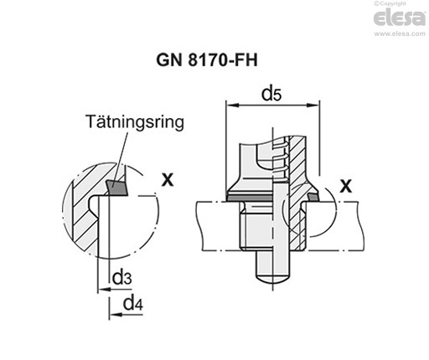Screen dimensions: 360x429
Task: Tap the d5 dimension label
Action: [271, 93]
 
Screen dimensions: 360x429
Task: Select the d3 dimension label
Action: [121, 277]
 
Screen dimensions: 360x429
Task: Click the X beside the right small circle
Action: [345, 183]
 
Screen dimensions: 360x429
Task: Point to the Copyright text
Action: [404, 5]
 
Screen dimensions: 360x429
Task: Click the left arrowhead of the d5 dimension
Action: [231, 105]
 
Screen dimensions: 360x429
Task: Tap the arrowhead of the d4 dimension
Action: [114, 315]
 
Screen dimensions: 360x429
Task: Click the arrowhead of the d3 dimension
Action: [101, 290]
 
